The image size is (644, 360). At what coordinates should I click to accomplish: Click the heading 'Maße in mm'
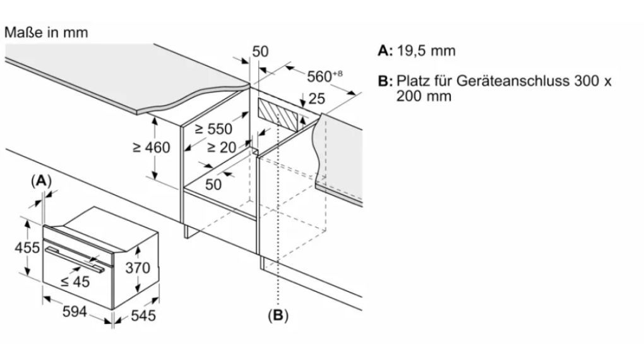(x=45, y=32)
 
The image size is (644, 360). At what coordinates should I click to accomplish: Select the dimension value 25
(x=318, y=99)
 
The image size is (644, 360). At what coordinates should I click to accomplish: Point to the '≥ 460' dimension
(x=152, y=148)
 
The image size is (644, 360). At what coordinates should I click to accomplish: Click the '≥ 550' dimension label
(x=213, y=129)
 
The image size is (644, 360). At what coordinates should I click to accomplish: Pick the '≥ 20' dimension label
(x=223, y=148)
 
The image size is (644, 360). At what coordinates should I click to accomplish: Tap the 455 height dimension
(x=27, y=247)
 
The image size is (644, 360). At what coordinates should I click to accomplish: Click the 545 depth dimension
(x=141, y=315)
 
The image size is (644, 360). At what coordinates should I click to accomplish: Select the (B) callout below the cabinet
(x=277, y=316)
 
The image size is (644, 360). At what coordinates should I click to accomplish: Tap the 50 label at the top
(x=260, y=52)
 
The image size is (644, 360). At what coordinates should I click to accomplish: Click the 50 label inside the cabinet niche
(x=214, y=184)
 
